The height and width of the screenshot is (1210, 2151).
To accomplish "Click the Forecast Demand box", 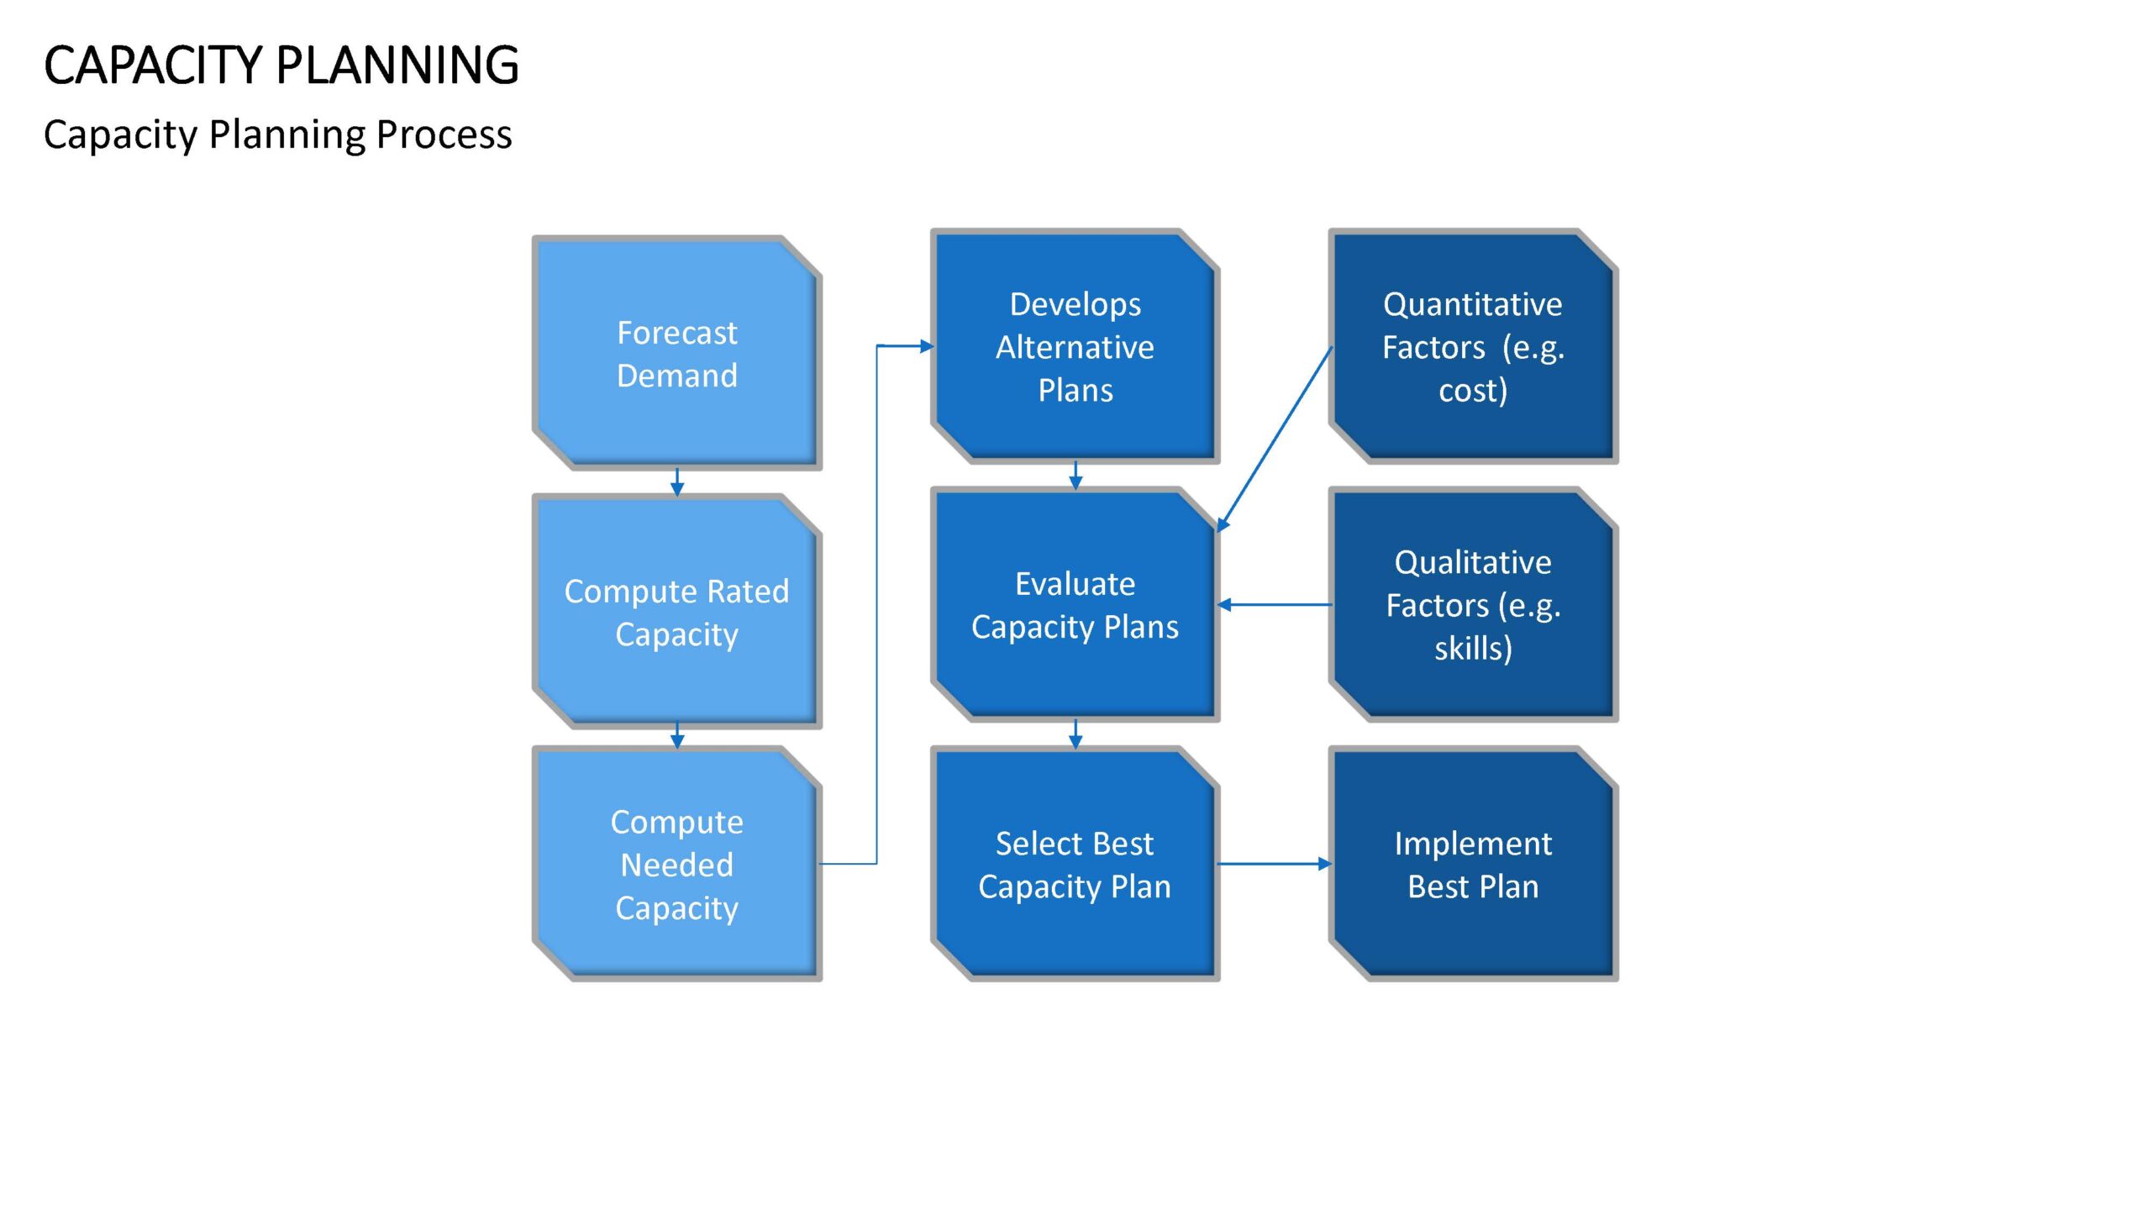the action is coord(677,353).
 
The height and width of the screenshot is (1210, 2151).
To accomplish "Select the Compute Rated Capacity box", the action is coord(677,612).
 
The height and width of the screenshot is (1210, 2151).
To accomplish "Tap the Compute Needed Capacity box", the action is coord(677,864).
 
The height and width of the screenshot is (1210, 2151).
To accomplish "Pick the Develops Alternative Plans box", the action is coord(1075,346).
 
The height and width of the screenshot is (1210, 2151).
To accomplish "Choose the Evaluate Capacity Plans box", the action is coord(1075,605).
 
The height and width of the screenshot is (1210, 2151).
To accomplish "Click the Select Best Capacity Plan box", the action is coord(1075,864).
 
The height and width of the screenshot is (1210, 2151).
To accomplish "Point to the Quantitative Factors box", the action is coord(1474,346).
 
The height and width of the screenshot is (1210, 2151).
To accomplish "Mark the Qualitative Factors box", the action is coord(1474,605).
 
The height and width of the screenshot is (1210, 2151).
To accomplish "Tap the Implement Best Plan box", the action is coord(1474,864).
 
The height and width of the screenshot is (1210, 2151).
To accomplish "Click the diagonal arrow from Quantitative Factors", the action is coord(1275,439).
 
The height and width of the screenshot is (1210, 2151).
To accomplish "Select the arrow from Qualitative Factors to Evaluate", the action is coord(1275,604).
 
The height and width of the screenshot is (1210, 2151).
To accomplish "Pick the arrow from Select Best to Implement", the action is coord(1275,863).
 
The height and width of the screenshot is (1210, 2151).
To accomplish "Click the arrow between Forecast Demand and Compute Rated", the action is coord(677,482).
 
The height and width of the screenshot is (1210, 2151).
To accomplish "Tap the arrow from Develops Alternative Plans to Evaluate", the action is coord(1075,476).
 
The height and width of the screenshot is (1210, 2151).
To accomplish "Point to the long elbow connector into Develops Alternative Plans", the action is coord(877,605).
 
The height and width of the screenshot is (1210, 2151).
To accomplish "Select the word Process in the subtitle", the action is coord(444,134).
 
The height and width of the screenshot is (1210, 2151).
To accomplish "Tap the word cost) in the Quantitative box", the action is coord(1473,391).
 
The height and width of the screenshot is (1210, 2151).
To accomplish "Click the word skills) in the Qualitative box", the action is coord(1473,649).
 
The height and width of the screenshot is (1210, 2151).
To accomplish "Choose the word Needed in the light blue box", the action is coord(677,865).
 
